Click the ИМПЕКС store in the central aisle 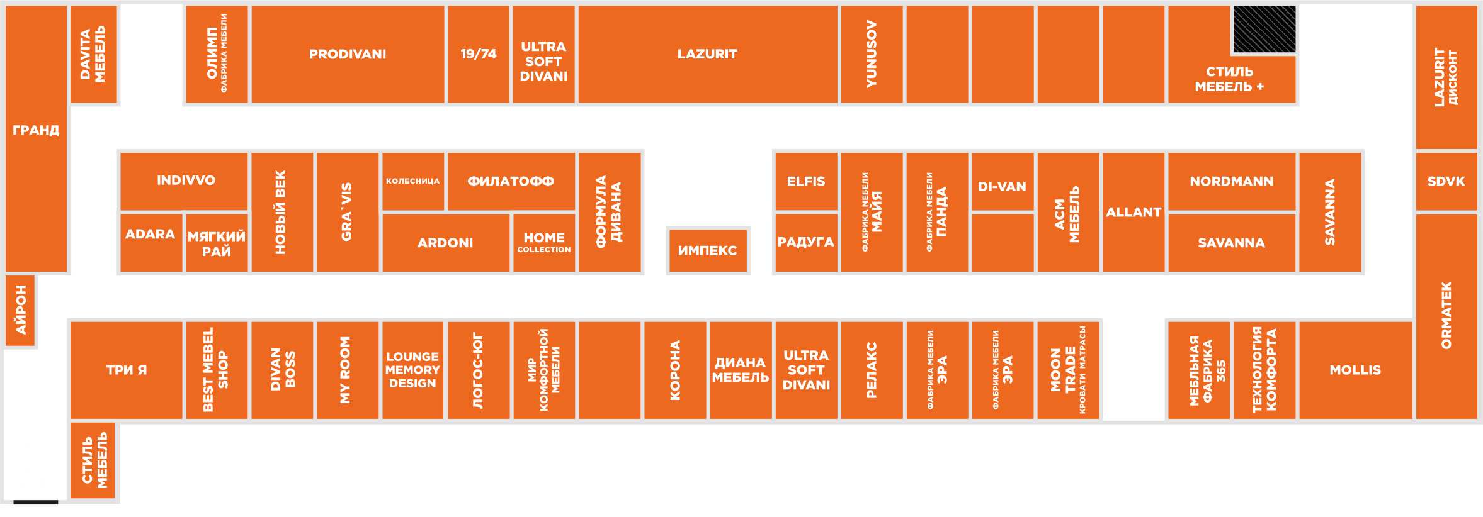707,250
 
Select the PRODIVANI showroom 348,54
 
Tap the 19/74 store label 479,54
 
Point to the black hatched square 1264,29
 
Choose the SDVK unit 1446,181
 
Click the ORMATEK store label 1446,314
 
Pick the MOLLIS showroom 1355,370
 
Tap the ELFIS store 806,181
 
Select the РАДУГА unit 806,242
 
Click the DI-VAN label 1002,186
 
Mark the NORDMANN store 1231,181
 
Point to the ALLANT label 1134,212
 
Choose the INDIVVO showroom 186,181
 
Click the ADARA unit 151,234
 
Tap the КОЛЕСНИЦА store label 412,181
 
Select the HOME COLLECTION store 544,242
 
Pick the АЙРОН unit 21,310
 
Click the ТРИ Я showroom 127,370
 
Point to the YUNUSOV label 872,54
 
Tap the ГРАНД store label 36,130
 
